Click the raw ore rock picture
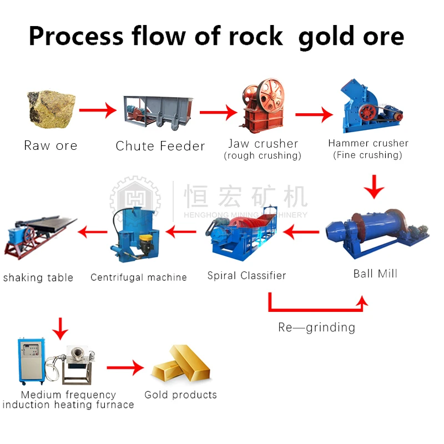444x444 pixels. click(51, 108)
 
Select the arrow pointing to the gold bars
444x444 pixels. click(125, 367)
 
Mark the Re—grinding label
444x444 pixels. click(316, 327)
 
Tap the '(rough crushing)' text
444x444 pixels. click(263, 156)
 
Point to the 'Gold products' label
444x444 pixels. click(180, 395)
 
